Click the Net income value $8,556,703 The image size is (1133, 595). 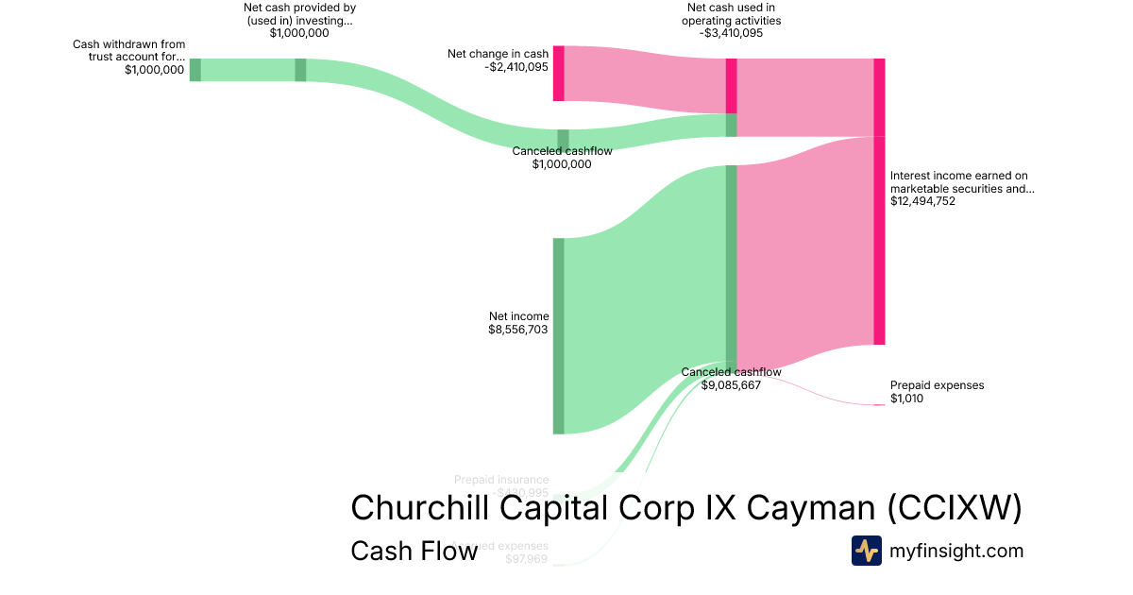pyautogui.click(x=518, y=330)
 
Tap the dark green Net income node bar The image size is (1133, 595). pyautogui.click(x=558, y=335)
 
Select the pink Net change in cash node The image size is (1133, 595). pyautogui.click(x=558, y=73)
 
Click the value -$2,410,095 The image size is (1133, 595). pyautogui.click(x=516, y=67)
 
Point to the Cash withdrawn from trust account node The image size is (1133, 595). pyautogui.click(x=195, y=70)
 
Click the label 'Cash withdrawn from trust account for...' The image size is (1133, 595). pyautogui.click(x=129, y=50)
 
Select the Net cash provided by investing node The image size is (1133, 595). pyautogui.click(x=300, y=70)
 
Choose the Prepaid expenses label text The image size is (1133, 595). pyautogui.click(x=937, y=385)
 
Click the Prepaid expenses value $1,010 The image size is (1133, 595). pyautogui.click(x=906, y=399)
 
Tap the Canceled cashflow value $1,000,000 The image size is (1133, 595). pyautogui.click(x=562, y=164)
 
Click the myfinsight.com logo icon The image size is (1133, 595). pyautogui.click(x=866, y=551)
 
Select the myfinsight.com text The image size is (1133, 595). pyautogui.click(x=956, y=551)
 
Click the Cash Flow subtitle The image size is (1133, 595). pyautogui.click(x=414, y=551)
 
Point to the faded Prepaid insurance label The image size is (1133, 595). pyautogui.click(x=500, y=480)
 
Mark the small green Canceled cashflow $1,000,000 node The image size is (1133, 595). pyautogui.click(x=563, y=140)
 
